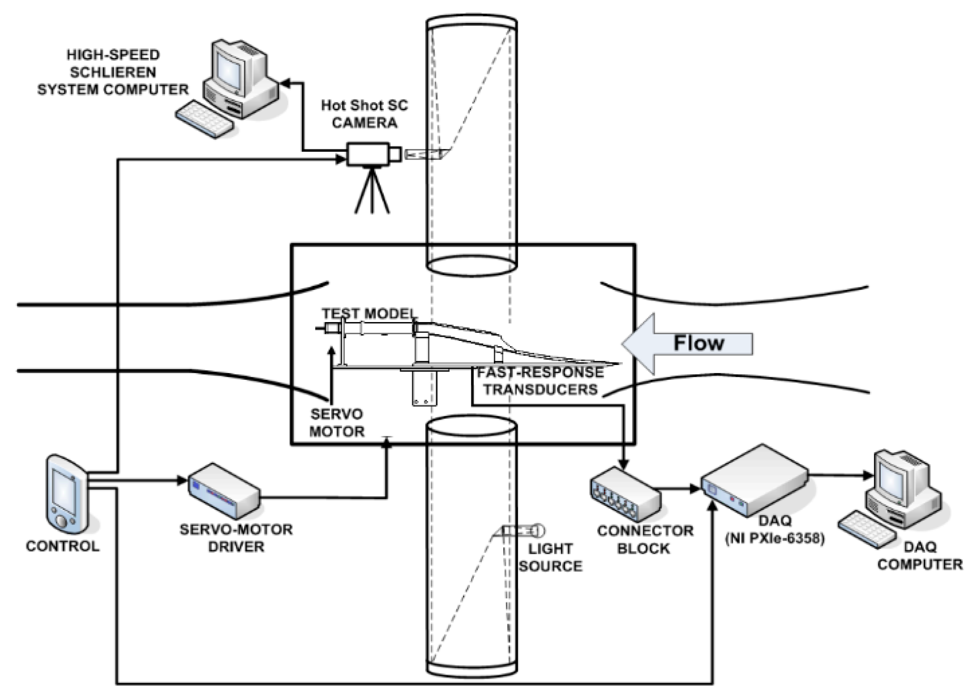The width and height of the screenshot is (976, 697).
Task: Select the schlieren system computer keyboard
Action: pyautogui.click(x=205, y=119)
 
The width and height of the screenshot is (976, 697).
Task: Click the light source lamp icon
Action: pyautogui.click(x=523, y=531)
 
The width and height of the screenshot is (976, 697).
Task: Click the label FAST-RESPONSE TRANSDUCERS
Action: pyautogui.click(x=540, y=381)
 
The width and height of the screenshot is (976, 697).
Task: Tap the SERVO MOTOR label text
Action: pyautogui.click(x=337, y=423)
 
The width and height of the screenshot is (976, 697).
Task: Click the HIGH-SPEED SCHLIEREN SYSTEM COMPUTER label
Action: pyautogui.click(x=113, y=72)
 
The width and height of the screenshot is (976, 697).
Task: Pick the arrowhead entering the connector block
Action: pyautogui.click(x=624, y=464)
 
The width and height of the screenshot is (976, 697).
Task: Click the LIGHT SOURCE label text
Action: pyautogui.click(x=550, y=557)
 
